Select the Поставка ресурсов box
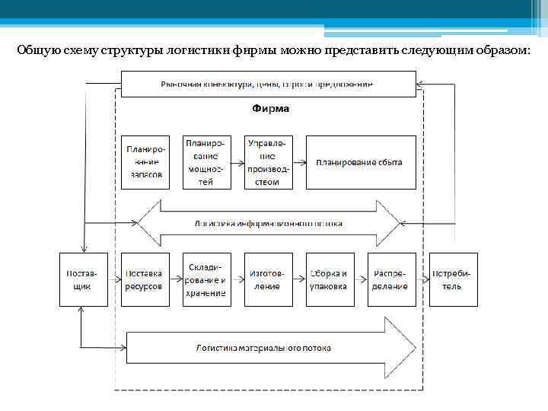144,279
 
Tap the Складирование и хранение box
205,279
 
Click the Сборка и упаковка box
329,279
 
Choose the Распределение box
390,279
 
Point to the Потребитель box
453,279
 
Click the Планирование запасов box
144,162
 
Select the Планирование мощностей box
205,162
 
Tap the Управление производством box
267,162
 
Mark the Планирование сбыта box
362,162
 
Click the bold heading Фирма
270,109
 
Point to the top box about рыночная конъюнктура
268,84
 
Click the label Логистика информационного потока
268,224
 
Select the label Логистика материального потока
263,348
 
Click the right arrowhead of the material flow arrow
401,348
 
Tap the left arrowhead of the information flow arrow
149,224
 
